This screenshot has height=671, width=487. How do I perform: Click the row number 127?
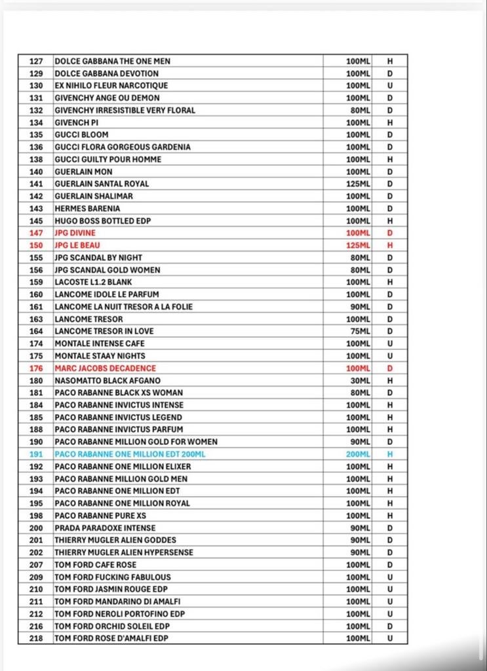tap(36, 61)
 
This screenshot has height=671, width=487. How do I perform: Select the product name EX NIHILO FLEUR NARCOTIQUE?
tap(111, 86)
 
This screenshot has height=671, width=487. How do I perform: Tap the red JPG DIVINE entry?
tap(75, 233)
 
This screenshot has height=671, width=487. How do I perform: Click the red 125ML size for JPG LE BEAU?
tap(358, 245)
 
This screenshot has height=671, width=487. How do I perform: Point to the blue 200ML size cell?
tap(358, 454)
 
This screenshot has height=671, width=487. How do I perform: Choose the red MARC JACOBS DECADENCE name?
tap(106, 368)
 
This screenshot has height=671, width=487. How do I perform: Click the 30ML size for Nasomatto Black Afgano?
tap(360, 381)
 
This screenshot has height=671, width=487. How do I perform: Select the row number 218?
tap(36, 638)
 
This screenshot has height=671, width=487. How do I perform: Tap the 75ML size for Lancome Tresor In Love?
tap(360, 332)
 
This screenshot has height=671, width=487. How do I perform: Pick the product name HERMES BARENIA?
tap(88, 208)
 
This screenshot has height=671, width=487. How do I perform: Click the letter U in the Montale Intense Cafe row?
tap(390, 343)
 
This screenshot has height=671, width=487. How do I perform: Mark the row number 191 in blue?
tap(36, 454)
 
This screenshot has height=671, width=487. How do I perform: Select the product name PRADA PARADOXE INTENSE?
tap(106, 528)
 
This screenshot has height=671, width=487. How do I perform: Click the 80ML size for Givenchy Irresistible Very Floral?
tap(360, 110)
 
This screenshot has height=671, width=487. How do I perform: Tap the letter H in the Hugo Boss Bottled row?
tap(390, 221)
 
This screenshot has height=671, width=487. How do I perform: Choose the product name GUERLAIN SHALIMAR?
tap(94, 196)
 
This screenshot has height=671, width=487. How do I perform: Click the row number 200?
tap(36, 528)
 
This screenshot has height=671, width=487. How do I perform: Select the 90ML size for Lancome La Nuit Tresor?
tap(360, 307)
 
